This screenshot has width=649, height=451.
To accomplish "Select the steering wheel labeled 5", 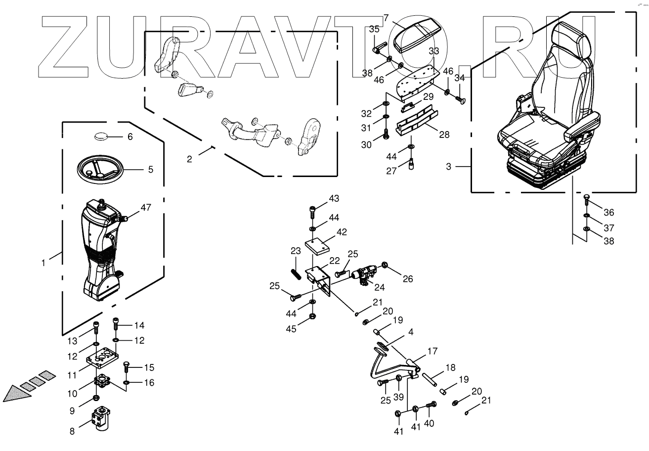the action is click(x=101, y=169).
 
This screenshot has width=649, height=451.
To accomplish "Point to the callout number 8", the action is click(x=72, y=431).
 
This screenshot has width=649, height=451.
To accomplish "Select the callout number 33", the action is click(x=433, y=51).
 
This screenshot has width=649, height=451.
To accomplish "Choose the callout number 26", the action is click(x=408, y=278).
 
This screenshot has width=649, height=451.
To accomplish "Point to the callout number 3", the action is click(x=448, y=167).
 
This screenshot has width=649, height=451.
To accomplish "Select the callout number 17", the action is click(x=433, y=352).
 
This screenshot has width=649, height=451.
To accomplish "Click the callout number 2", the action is click(x=189, y=159).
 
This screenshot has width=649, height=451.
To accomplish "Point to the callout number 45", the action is click(x=292, y=329).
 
